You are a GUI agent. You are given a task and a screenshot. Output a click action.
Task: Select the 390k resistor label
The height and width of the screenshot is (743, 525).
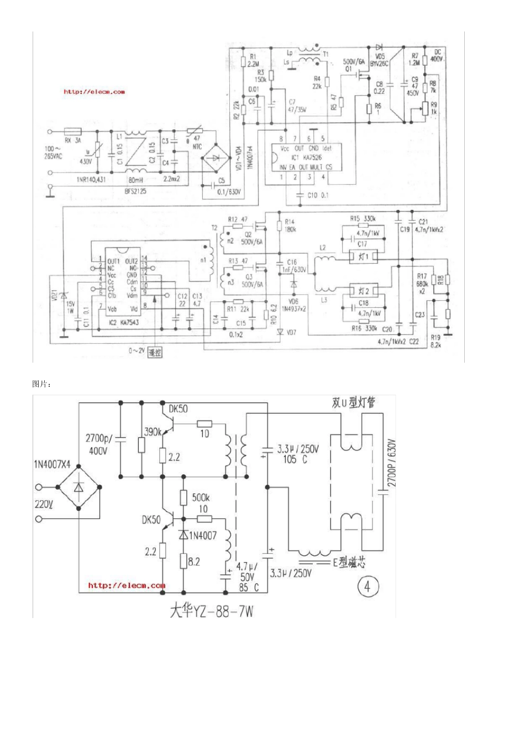pyautogui.click(x=153, y=432)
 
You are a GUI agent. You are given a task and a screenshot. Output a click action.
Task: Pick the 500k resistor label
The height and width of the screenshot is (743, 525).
pyautogui.click(x=200, y=498)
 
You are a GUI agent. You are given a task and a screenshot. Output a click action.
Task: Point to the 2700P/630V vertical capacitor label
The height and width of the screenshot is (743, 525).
pyautogui.click(x=392, y=463)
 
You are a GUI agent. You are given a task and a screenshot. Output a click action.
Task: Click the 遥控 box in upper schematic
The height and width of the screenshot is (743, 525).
pyautogui.click(x=155, y=352)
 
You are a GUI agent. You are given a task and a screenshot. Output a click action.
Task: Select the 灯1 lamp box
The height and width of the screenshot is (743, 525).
pyautogui.click(x=363, y=257)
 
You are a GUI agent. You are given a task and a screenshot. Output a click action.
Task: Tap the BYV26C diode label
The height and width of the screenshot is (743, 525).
pyautogui.click(x=379, y=64)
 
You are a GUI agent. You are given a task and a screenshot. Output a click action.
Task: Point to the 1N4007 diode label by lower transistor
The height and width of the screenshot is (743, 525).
pyautogui.click(x=203, y=535)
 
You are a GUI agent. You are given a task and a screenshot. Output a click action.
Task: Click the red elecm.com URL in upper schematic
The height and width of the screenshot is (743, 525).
pyautogui.click(x=94, y=92)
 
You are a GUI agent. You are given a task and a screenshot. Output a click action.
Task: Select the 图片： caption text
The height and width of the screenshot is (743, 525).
pyautogui.click(x=42, y=384)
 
